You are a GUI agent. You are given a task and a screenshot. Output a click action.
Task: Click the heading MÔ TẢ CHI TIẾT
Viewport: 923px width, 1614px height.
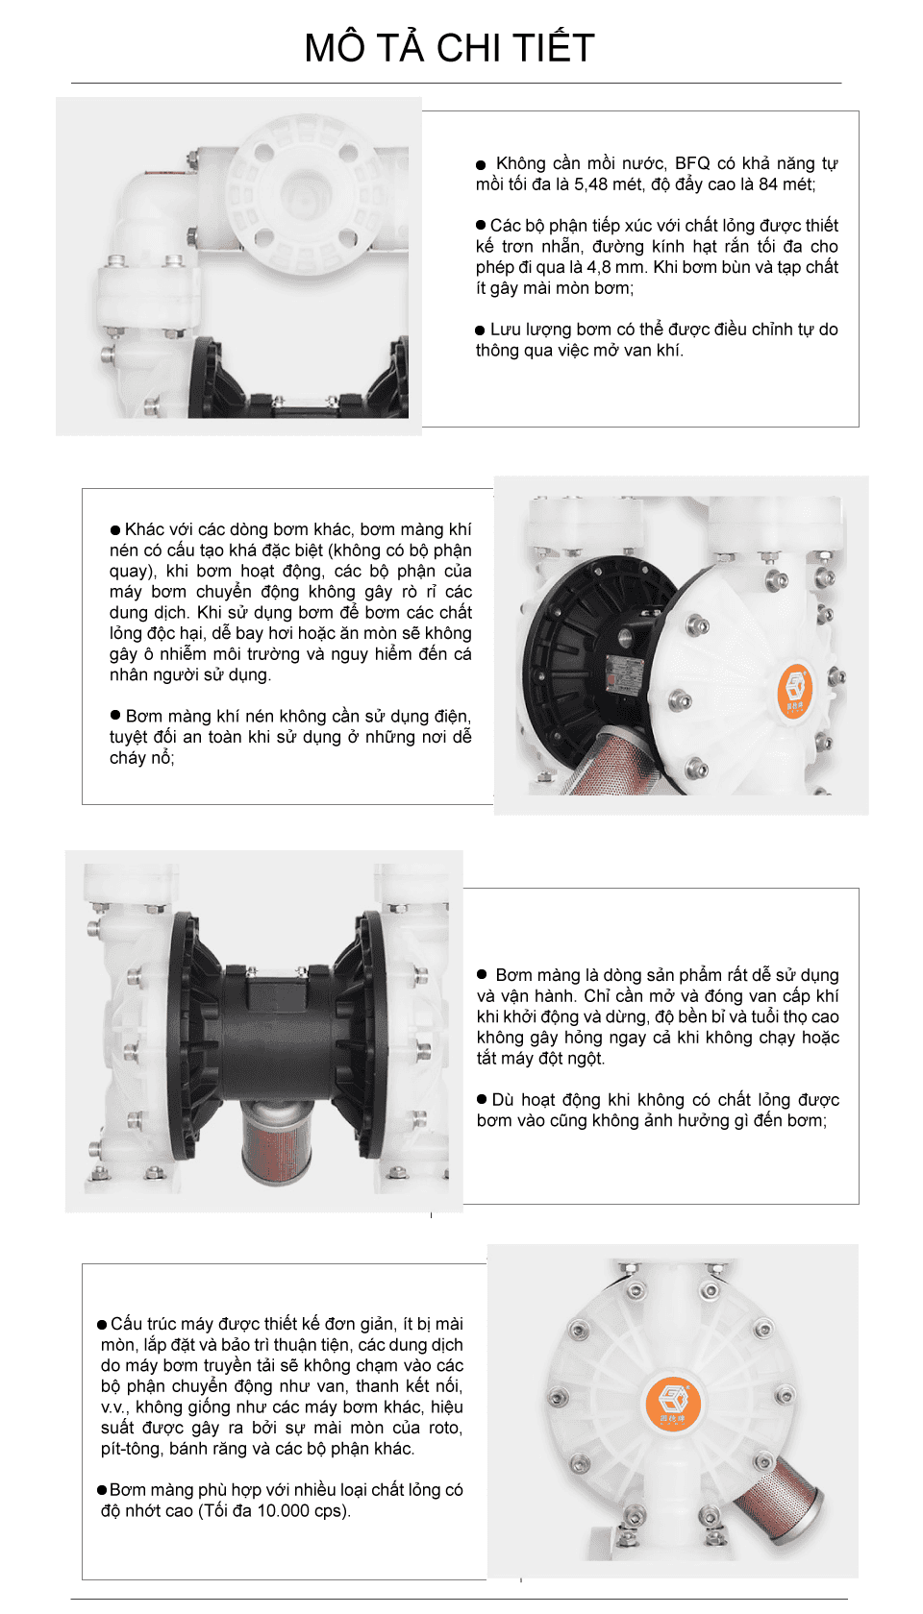coord(449,48)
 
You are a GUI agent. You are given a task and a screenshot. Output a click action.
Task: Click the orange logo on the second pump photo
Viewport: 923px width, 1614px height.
coord(794,688)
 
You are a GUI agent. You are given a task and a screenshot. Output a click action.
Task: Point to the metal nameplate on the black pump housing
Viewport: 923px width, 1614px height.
coord(623,671)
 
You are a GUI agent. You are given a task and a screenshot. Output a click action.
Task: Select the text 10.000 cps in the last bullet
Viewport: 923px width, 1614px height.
coord(302,1510)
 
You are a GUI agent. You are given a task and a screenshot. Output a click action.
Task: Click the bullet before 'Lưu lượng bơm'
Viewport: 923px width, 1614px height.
coord(480,330)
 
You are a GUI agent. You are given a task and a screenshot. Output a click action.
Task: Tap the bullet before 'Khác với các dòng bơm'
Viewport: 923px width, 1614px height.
coord(115,530)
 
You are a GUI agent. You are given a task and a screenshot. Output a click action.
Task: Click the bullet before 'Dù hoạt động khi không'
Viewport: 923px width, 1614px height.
coord(482,1100)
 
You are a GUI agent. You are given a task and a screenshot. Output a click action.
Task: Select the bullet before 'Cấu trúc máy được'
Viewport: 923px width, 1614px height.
coord(102,1325)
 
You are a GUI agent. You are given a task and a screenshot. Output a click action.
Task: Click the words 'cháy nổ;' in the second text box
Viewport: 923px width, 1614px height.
coord(141,758)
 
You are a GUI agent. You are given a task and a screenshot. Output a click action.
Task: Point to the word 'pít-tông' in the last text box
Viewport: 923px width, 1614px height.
coord(132,1449)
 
